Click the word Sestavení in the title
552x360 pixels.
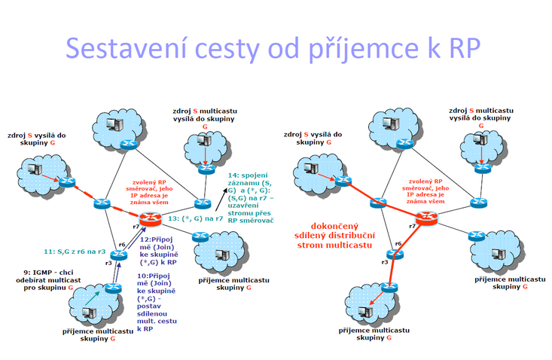(x=126, y=48)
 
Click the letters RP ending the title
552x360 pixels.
(x=465, y=48)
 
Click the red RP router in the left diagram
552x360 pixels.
(x=151, y=220)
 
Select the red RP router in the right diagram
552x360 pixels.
(x=427, y=218)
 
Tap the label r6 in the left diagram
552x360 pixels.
(x=122, y=245)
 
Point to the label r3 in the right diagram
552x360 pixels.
(x=384, y=262)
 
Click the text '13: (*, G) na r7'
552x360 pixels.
(x=195, y=218)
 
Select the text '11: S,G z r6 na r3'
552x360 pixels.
(x=75, y=252)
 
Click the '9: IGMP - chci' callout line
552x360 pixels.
(x=48, y=273)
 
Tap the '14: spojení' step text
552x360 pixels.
(x=248, y=175)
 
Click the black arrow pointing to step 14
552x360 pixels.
(x=221, y=199)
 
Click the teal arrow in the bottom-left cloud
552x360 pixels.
(x=94, y=298)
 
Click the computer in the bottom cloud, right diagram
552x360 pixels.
(x=365, y=311)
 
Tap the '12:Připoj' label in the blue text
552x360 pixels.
(x=157, y=239)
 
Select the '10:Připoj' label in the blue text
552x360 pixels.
(x=154, y=276)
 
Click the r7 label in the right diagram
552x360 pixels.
(x=412, y=226)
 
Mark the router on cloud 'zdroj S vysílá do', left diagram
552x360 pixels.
(x=67, y=182)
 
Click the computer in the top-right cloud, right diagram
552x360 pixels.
(x=480, y=139)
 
